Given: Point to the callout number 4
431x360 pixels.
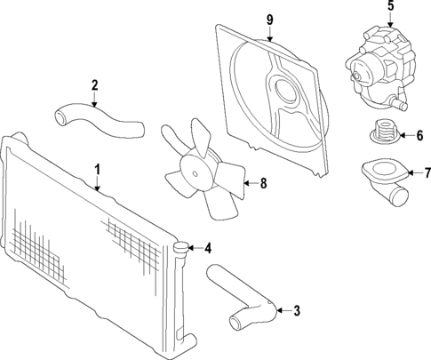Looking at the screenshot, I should [207, 248].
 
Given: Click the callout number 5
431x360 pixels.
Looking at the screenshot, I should [388, 7].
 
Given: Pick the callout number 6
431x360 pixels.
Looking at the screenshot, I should [419, 136].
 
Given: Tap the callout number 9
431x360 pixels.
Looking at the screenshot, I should [271, 19].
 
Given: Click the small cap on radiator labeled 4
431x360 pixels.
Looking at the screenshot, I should [182, 248].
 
